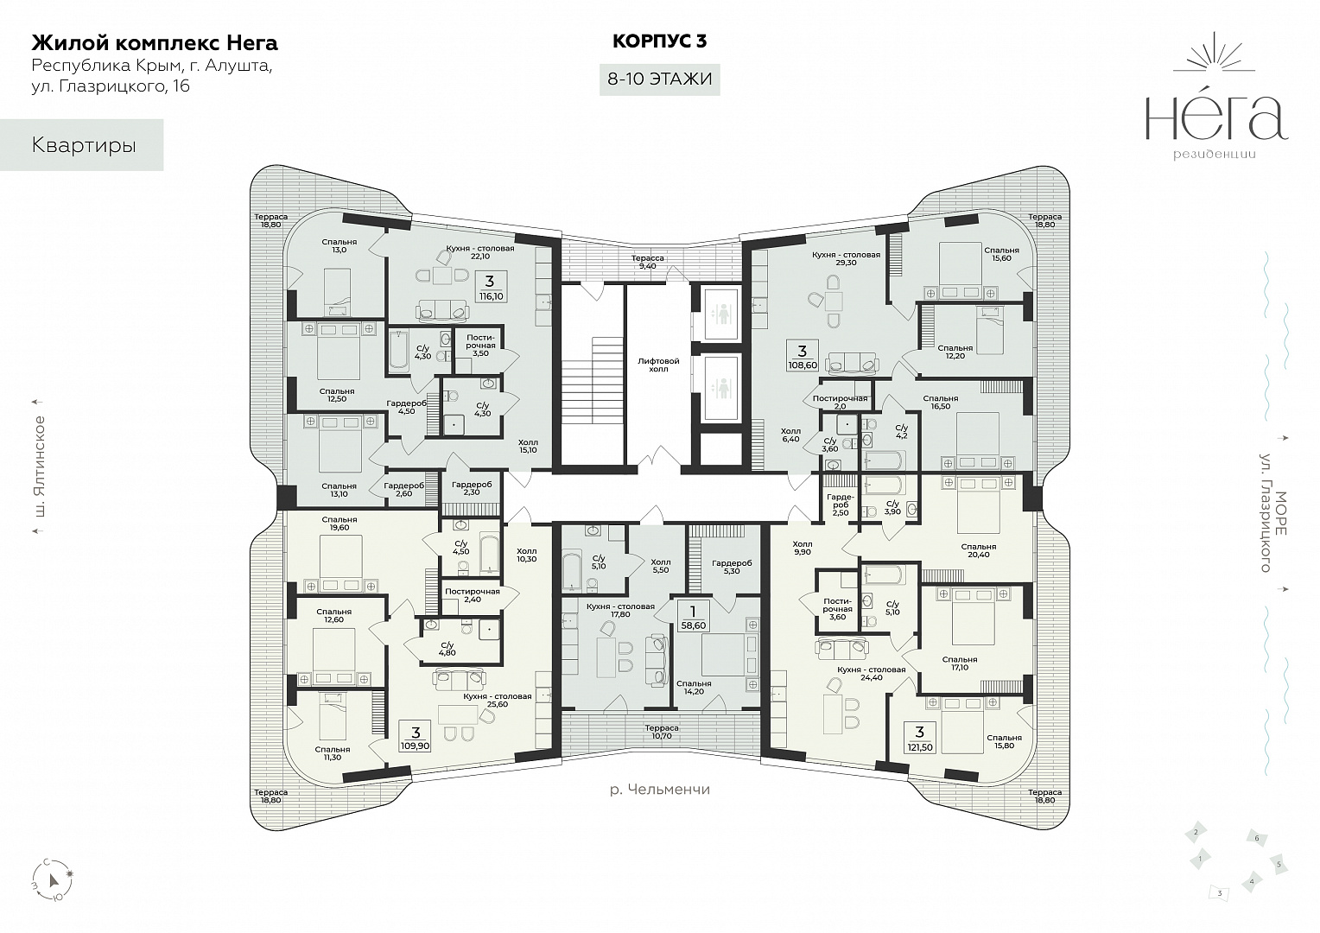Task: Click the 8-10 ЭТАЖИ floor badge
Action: pyautogui.click(x=659, y=79)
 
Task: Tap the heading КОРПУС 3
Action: pyautogui.click(x=659, y=41)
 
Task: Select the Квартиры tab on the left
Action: pyautogui.click(x=82, y=145)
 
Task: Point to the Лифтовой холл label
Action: pyautogui.click(x=658, y=365)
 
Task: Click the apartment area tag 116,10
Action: pyautogui.click(x=491, y=287)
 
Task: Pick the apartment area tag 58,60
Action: pyautogui.click(x=693, y=617)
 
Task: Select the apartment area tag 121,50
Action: pyautogui.click(x=919, y=739)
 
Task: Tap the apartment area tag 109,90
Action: pyautogui.click(x=416, y=737)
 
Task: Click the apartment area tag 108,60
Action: pyautogui.click(x=802, y=357)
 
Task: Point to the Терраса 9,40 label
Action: pyautogui.click(x=648, y=263)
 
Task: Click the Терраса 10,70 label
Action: pyautogui.click(x=661, y=732)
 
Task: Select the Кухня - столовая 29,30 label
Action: pyautogui.click(x=846, y=259)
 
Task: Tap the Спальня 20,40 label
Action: pyautogui.click(x=978, y=550)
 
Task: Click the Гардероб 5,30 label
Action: pyautogui.click(x=732, y=567)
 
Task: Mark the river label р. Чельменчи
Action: pyautogui.click(x=659, y=789)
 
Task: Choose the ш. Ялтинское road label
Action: pyautogui.click(x=40, y=466)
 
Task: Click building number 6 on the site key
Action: pyautogui.click(x=1256, y=838)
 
